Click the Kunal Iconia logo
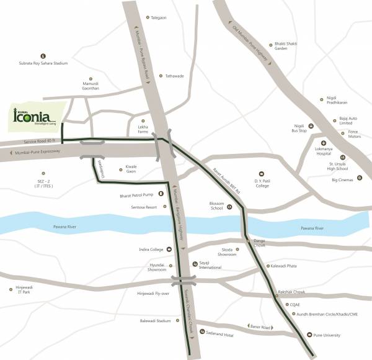click(x=35, y=116)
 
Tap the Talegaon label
click(x=158, y=17)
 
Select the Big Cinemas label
click(x=342, y=180)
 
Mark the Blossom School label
click(x=216, y=206)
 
